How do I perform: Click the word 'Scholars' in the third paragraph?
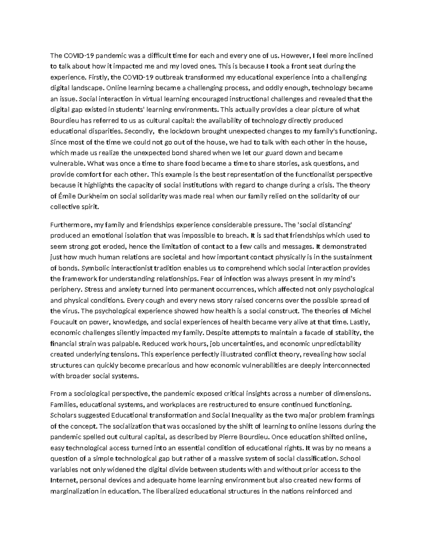pos(62,415)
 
